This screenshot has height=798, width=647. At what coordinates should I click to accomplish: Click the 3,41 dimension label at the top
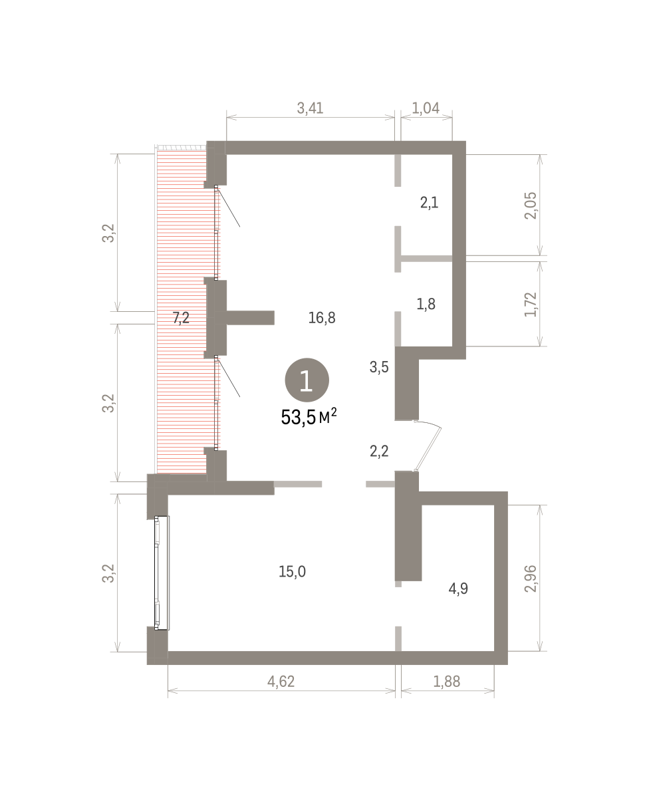click(310, 108)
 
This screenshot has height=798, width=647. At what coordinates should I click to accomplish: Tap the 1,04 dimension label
click(426, 108)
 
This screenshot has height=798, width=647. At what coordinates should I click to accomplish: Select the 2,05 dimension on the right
click(531, 205)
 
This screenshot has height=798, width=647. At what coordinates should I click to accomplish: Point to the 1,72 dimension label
click(531, 304)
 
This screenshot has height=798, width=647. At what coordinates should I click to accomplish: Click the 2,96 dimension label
click(531, 579)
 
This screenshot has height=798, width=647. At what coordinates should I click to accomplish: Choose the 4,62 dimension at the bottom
click(281, 682)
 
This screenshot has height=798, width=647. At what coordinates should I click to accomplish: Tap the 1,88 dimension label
click(447, 682)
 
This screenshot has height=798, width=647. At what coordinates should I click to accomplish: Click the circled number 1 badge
click(307, 380)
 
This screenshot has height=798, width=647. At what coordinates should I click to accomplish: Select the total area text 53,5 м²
click(309, 417)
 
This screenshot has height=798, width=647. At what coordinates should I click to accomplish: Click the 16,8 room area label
click(322, 318)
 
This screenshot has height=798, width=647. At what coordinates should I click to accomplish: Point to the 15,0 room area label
click(292, 572)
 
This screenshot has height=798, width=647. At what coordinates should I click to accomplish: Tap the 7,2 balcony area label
click(181, 318)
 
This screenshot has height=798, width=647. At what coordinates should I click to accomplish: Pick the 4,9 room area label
click(458, 589)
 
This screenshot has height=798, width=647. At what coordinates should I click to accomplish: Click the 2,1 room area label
click(429, 203)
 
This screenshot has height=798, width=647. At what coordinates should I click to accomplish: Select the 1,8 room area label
click(426, 304)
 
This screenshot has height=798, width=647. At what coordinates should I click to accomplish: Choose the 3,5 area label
click(379, 367)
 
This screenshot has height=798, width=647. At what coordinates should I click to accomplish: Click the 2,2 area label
click(379, 452)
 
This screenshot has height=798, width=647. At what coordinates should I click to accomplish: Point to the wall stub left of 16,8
click(250, 318)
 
